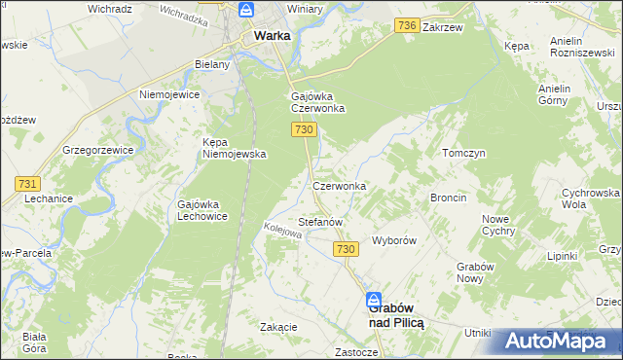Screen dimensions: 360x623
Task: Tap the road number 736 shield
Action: (407, 26)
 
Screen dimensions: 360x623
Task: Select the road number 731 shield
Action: (26, 183)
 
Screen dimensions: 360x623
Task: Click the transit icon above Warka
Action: (247, 12)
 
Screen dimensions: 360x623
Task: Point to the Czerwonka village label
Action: (339, 185)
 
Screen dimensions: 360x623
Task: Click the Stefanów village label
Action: (320, 222)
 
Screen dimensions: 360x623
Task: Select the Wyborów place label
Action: (394, 239)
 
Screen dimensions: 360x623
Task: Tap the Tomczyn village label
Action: (463, 154)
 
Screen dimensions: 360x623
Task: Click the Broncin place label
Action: (448, 198)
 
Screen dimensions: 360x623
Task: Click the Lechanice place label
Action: (49, 198)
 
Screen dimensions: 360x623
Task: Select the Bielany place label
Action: (211, 64)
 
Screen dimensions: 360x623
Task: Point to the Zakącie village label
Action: (278, 327)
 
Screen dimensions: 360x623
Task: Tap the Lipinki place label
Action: (562, 256)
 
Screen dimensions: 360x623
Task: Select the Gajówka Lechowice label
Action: (202, 210)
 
